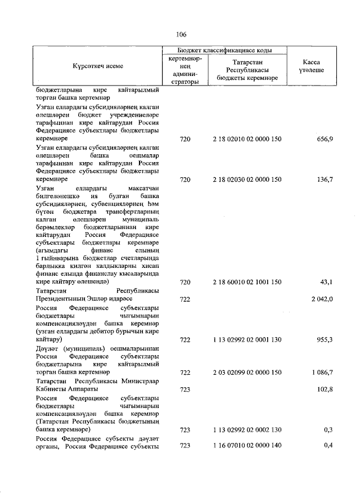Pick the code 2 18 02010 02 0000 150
click(247, 139)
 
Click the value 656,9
click(323, 139)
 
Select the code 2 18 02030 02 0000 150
click(247, 180)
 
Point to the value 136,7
click(323, 180)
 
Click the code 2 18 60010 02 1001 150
click(247, 281)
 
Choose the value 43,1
click(326, 281)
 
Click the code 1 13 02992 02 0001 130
click(247, 340)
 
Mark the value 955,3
click(323, 340)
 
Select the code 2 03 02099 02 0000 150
click(247, 373)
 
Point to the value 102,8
click(323, 389)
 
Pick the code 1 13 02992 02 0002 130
click(247, 430)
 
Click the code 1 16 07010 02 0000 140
click(247, 446)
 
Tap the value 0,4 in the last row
click(327, 446)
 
